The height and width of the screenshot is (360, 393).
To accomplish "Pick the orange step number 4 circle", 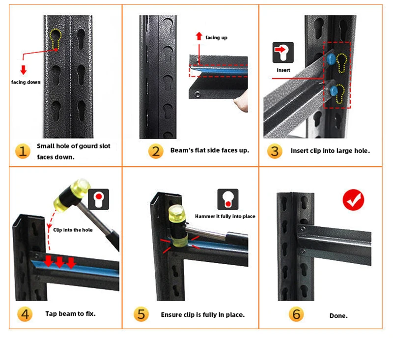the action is pyautogui.click(x=23, y=314).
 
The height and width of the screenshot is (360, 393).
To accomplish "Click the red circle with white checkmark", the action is pyautogui.click(x=353, y=199).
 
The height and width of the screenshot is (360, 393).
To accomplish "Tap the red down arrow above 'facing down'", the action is pyautogui.click(x=23, y=70).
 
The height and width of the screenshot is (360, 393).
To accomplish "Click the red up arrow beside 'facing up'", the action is pyautogui.click(x=198, y=36).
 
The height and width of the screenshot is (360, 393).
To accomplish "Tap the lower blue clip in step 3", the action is pyautogui.click(x=335, y=90).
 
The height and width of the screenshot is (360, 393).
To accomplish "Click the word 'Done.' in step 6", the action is pyautogui.click(x=338, y=316).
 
